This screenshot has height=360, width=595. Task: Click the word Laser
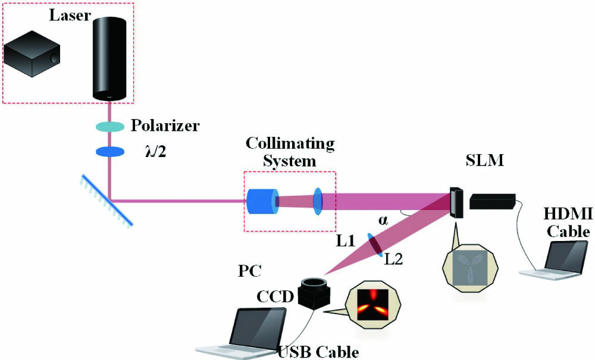(x=70, y=16)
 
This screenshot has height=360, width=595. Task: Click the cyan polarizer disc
(x=110, y=126)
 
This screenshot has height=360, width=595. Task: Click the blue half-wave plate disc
(x=110, y=152)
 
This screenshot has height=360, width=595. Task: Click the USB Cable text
(x=318, y=351)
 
